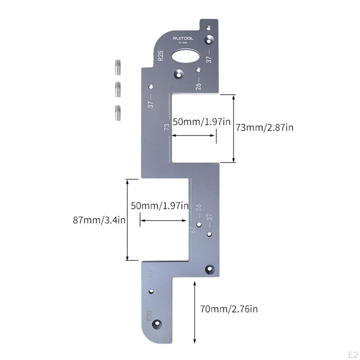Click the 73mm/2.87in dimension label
[x=264, y=127]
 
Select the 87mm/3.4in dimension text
[x=99, y=220]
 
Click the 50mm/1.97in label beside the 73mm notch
[x=201, y=122]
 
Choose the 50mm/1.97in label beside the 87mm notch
[x=160, y=206]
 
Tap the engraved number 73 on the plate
[x=167, y=127]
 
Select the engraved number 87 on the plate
[x=193, y=231]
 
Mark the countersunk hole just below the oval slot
[x=179, y=74]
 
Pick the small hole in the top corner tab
[x=208, y=27]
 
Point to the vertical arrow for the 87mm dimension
[x=127, y=220]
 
